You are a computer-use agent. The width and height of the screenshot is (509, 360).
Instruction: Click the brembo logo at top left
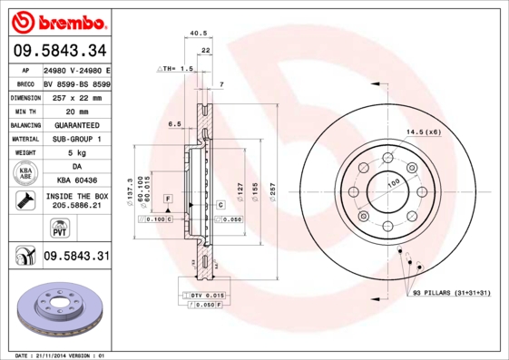point(61,19)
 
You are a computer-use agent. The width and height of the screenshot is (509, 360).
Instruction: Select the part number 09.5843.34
point(60,50)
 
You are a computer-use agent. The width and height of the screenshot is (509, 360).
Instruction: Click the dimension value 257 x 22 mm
point(76,96)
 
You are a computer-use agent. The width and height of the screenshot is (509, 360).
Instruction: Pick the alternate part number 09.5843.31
point(76,257)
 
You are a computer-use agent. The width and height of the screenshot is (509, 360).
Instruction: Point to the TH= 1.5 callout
point(177,69)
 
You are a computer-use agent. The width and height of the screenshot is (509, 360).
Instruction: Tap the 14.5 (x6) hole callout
point(423,132)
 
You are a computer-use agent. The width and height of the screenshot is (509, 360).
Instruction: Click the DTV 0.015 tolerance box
point(207,296)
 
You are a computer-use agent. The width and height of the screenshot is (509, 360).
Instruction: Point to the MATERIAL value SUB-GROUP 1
point(76,139)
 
